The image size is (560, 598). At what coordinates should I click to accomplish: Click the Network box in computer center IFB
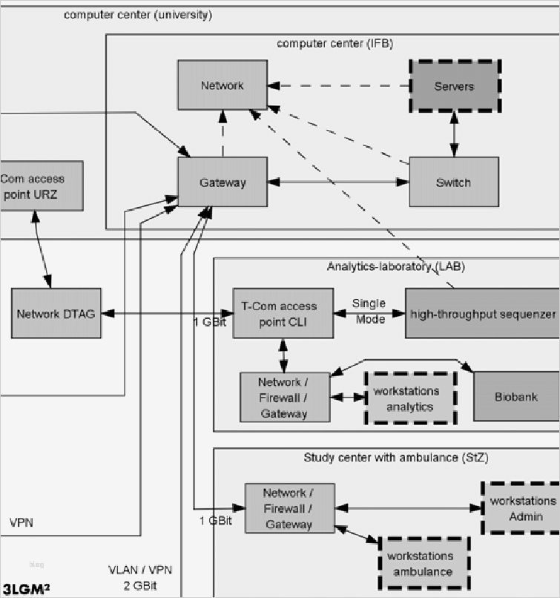click(222, 85)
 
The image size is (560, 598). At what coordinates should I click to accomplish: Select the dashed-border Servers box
click(454, 86)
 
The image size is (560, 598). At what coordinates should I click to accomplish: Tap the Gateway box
click(222, 182)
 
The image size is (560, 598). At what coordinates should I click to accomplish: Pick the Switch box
click(453, 182)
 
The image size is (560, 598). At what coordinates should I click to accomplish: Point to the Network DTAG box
click(56, 314)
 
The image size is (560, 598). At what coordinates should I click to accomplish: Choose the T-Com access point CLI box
click(283, 313)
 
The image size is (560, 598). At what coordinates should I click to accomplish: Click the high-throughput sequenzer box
click(482, 314)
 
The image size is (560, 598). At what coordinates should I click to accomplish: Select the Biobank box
click(515, 396)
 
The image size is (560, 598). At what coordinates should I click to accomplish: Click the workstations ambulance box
click(423, 562)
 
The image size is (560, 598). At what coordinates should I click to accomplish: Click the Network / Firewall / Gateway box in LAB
click(284, 398)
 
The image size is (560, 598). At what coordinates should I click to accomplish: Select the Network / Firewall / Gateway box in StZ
click(289, 508)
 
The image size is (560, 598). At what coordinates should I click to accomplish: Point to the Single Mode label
click(369, 311)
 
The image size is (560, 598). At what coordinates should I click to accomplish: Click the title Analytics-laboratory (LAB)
click(395, 266)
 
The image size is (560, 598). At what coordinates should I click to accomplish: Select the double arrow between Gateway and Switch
click(338, 182)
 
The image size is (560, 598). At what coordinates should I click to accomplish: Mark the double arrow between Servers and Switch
click(454, 135)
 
